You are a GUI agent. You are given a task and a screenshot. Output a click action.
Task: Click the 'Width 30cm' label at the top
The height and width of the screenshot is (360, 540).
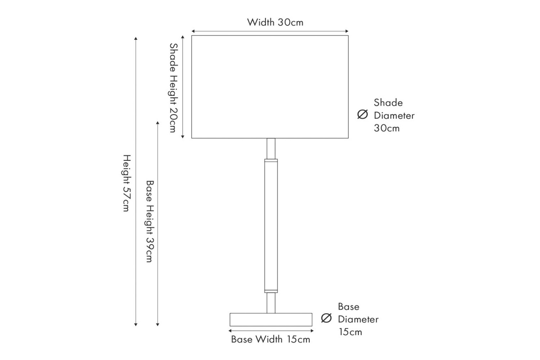click(x=275, y=22)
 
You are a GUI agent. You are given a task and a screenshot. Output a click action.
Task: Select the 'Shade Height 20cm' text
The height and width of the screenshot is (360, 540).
click(x=174, y=87)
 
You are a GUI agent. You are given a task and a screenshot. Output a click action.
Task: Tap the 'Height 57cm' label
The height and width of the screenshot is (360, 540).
click(x=126, y=183)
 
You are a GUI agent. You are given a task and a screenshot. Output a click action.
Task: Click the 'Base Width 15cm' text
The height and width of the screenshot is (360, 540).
click(x=270, y=339)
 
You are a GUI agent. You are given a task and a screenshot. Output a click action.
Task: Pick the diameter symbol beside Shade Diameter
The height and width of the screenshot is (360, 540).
click(x=363, y=114)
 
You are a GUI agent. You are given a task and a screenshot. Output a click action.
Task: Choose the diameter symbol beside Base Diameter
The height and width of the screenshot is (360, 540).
click(x=326, y=319)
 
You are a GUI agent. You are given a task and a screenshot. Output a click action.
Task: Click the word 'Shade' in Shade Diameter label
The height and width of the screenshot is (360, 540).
click(x=388, y=103)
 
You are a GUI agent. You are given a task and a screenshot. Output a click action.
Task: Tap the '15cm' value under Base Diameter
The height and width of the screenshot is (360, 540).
click(x=350, y=332)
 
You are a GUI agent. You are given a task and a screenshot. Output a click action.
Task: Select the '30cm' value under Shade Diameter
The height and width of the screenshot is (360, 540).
click(x=387, y=128)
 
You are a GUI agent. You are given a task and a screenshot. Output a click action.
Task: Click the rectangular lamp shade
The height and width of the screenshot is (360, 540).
click(x=270, y=86)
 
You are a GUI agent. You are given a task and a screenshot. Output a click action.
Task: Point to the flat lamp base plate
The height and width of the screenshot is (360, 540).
click(x=271, y=320)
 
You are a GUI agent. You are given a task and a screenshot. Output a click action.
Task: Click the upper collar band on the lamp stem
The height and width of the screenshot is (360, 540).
click(x=271, y=160)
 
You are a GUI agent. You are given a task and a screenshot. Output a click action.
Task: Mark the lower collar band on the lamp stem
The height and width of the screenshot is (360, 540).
click(x=271, y=291)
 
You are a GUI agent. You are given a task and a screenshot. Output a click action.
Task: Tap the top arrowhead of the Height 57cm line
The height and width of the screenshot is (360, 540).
click(x=136, y=38)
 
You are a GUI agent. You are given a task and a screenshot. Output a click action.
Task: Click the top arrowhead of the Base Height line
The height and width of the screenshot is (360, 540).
click(x=158, y=123)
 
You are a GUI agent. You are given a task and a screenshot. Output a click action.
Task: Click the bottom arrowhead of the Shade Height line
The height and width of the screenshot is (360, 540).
click(x=183, y=136)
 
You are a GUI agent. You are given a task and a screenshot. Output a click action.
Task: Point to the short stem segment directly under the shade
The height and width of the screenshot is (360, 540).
click(x=271, y=148)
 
